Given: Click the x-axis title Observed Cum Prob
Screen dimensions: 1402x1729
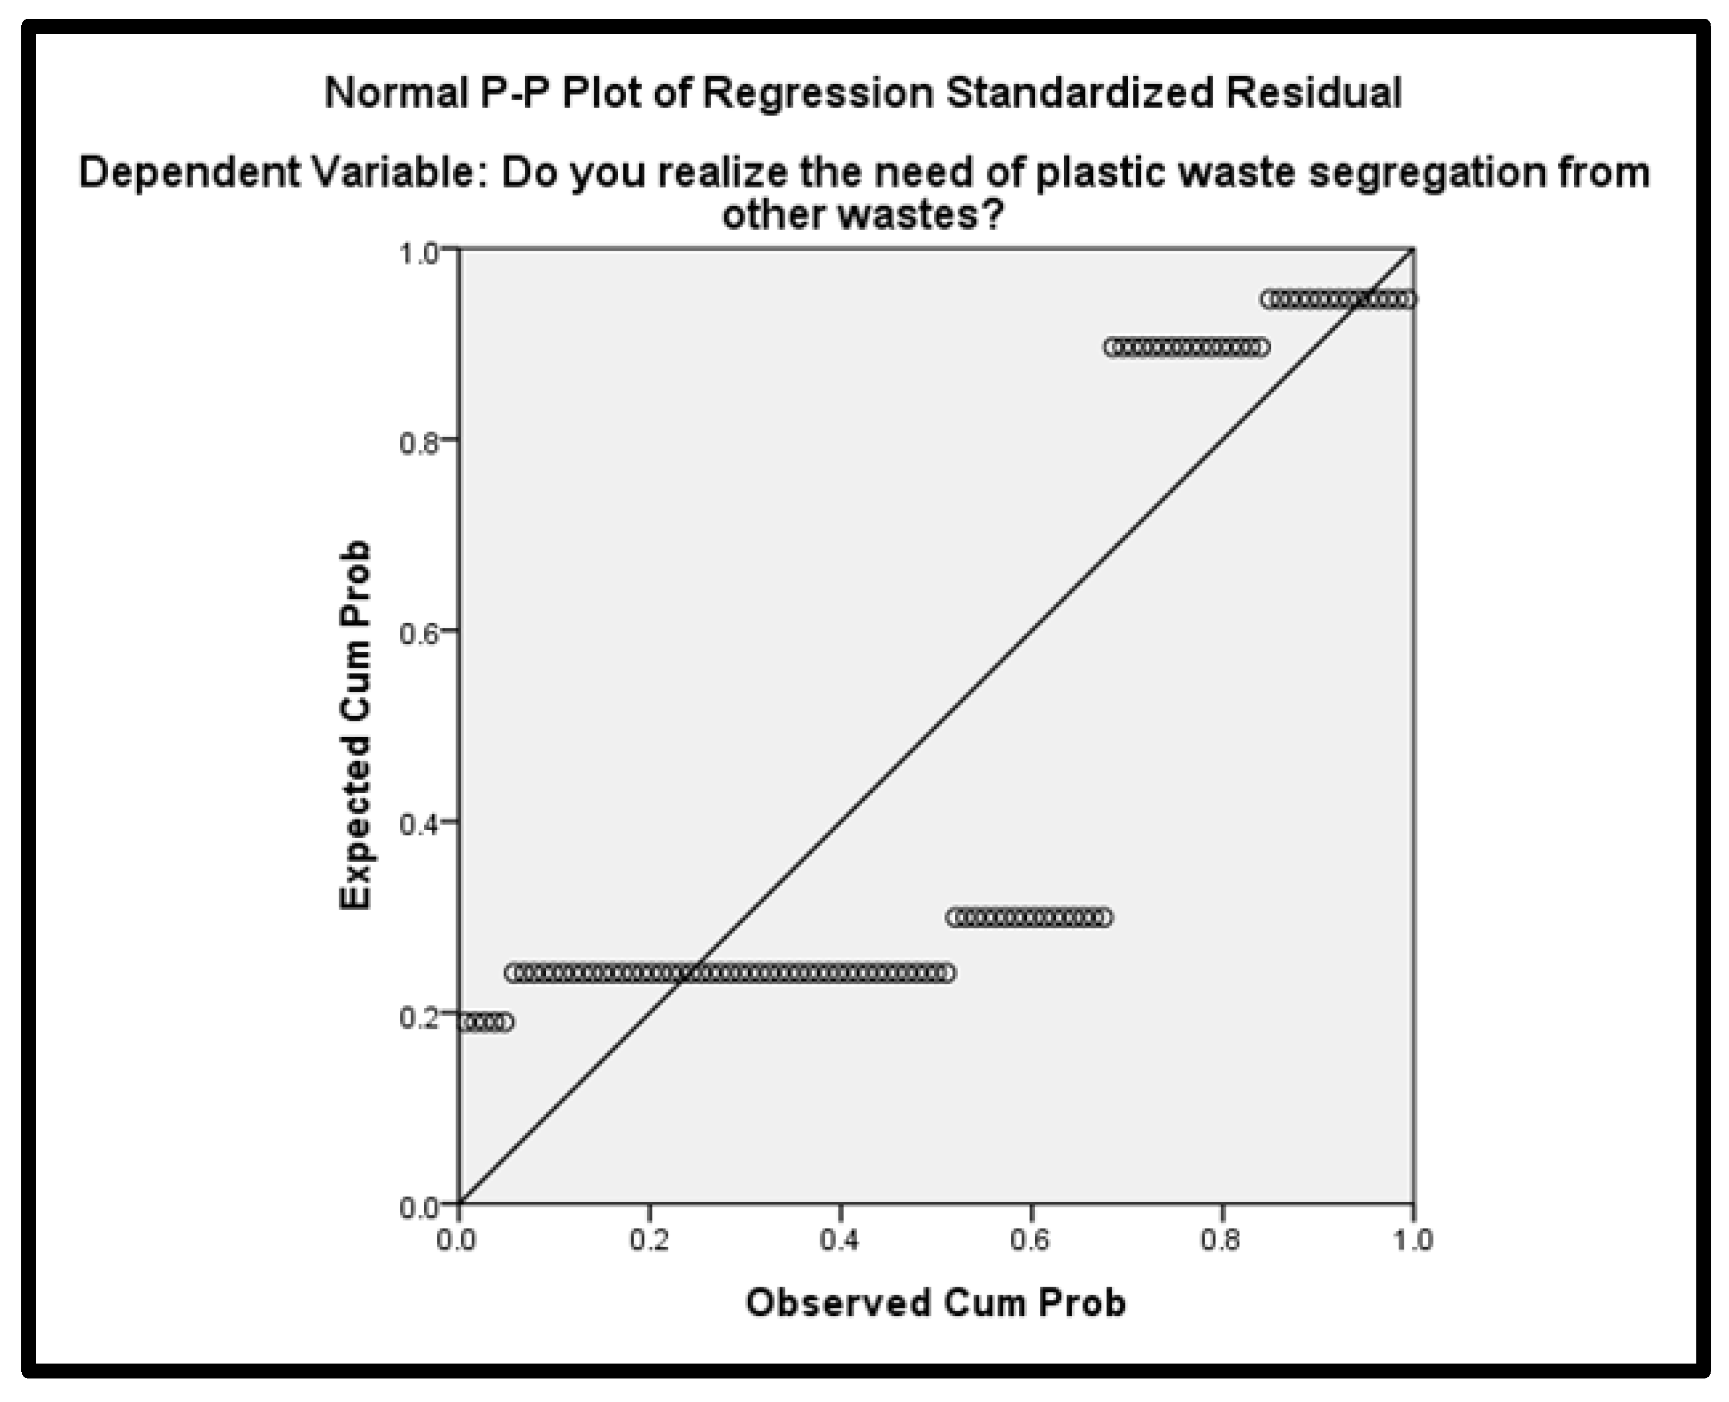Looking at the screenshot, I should pos(935,1303).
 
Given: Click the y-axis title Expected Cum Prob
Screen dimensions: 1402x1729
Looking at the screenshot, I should pos(355,725).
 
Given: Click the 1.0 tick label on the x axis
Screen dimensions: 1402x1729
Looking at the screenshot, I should pos(1412,1239).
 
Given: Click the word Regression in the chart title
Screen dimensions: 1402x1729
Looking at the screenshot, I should pos(817,94).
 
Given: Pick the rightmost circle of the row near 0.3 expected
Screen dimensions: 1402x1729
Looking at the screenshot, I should pos(1104,917).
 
